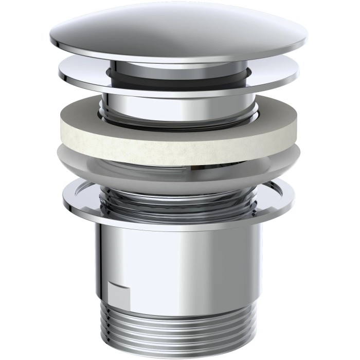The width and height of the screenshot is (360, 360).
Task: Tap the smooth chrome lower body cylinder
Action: [x=180, y=257]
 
